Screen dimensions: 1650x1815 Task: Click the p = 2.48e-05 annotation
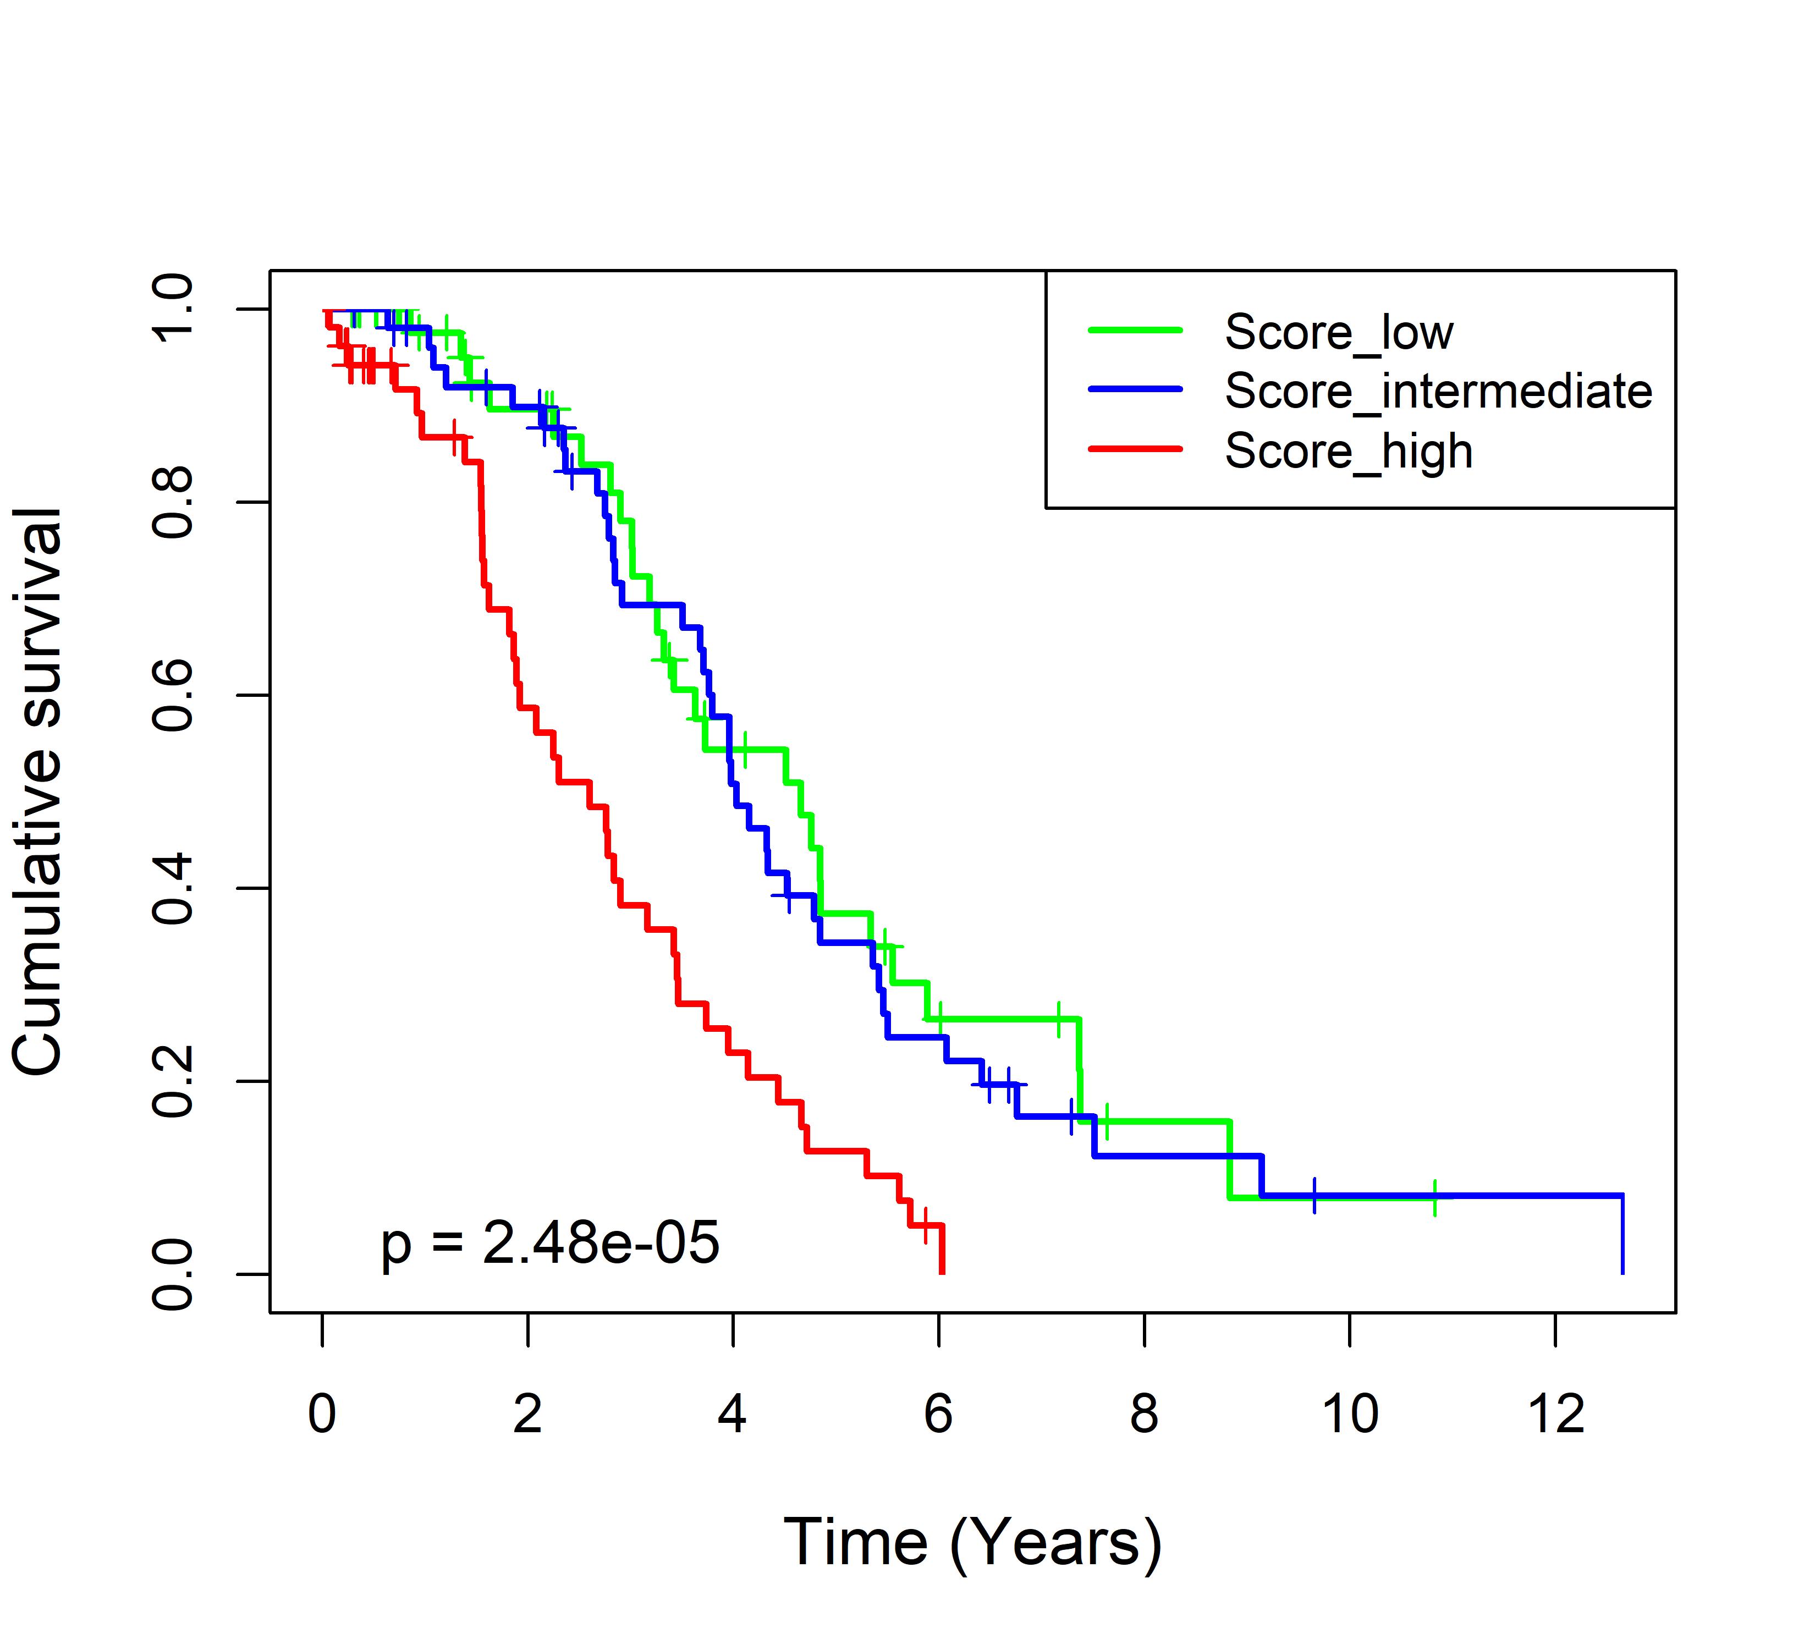(x=550, y=1244)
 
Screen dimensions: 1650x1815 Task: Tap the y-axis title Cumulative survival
(x=38, y=791)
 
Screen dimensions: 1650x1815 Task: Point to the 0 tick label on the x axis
(x=322, y=1414)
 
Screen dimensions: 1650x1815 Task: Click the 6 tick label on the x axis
(x=938, y=1414)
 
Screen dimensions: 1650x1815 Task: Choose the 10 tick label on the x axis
(x=1350, y=1414)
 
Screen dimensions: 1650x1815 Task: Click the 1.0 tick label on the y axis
(x=173, y=309)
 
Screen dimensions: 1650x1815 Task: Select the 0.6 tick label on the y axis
(x=173, y=695)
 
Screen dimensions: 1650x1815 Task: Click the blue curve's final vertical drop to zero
(x=1623, y=1235)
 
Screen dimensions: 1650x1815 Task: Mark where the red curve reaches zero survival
(x=942, y=1271)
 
